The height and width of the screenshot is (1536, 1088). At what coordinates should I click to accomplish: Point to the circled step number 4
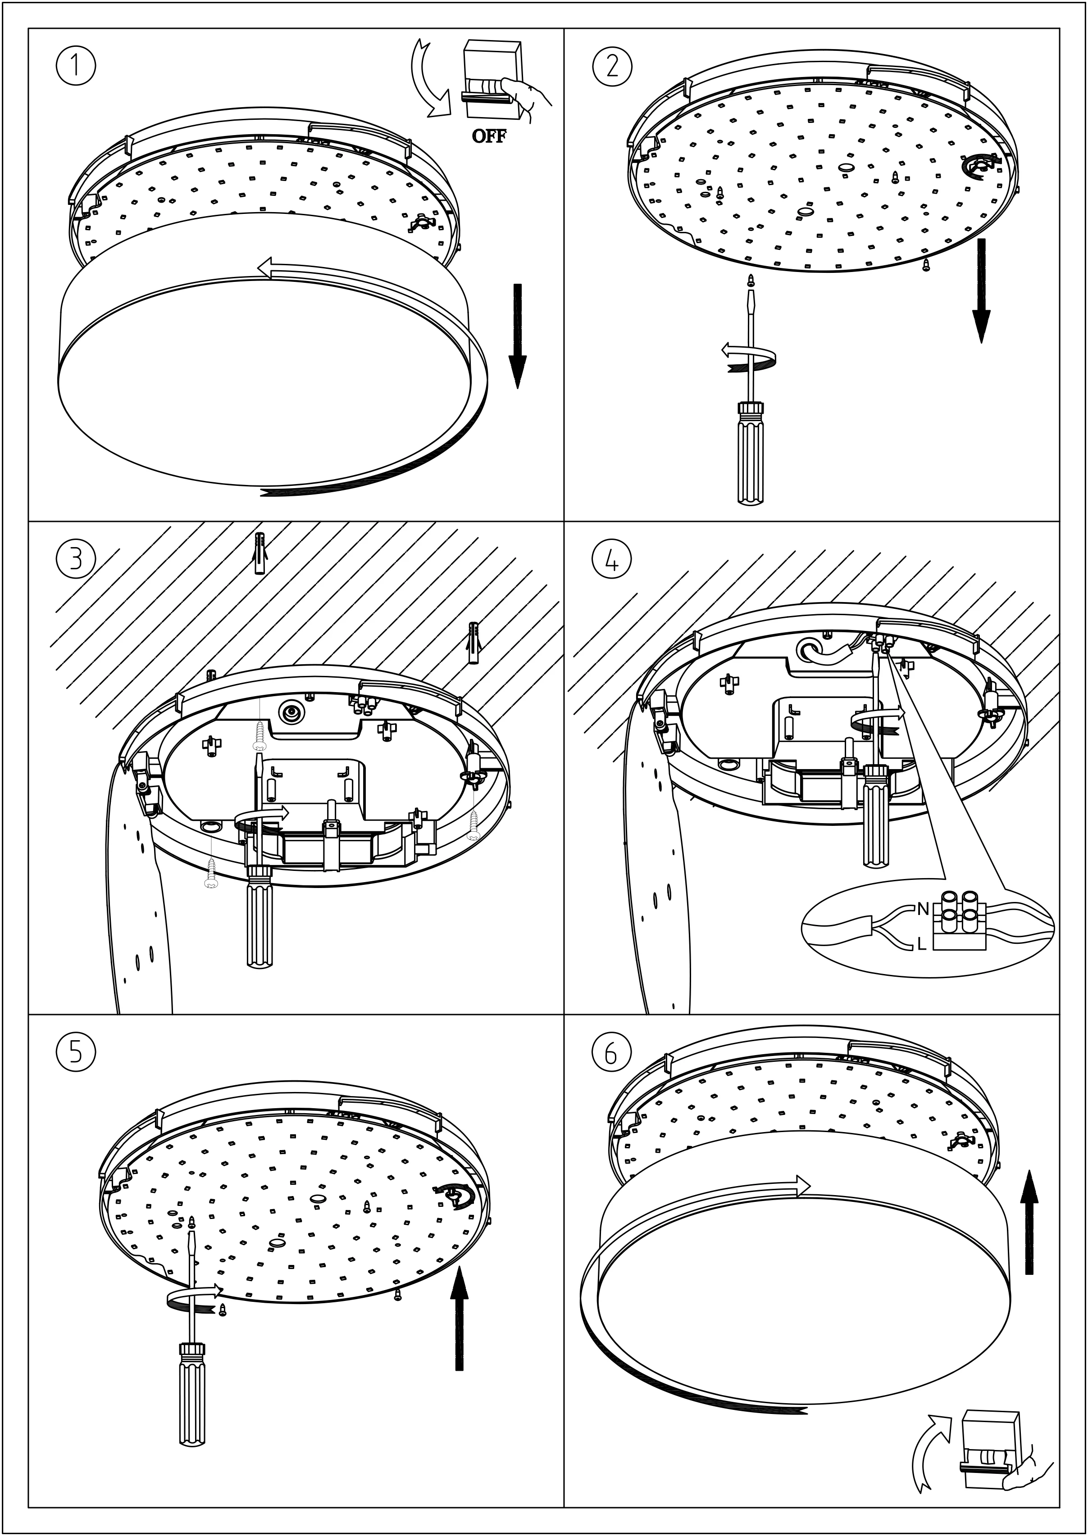(x=612, y=559)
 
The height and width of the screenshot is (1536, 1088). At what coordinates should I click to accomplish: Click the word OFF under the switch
(x=489, y=136)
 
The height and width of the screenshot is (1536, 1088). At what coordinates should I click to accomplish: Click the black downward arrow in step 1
(x=517, y=335)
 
